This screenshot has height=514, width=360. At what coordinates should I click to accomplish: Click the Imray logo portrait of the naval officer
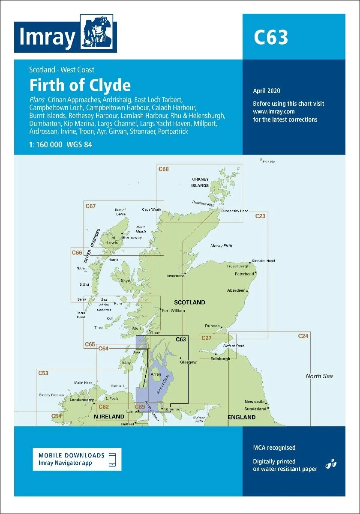coord(98,33)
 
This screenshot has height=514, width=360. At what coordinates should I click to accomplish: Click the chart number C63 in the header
coord(271,38)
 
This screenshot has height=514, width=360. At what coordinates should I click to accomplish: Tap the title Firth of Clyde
coord(80,85)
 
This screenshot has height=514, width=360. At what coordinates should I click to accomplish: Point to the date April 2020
coord(266,91)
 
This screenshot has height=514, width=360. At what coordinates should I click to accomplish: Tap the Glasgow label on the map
coord(188,362)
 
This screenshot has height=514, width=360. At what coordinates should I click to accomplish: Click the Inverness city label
coord(175,276)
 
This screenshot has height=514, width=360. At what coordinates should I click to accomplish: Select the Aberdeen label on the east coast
coord(236,290)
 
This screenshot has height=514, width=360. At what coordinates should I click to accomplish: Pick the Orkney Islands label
coord(200,182)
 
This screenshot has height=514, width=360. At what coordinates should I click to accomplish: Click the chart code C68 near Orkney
coord(163,169)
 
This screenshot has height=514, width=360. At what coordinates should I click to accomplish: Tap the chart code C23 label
coord(260,216)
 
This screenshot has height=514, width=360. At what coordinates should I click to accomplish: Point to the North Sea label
coord(319,376)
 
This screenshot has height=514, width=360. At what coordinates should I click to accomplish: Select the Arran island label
coord(156,374)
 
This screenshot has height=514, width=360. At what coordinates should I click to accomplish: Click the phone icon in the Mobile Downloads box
coord(112,459)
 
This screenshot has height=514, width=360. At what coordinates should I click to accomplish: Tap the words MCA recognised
coord(274,448)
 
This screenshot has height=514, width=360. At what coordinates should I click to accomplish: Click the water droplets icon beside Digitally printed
coord(330,464)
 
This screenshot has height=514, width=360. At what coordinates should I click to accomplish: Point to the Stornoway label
coord(132,237)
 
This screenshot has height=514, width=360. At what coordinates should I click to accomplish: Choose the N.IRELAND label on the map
coord(109,417)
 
